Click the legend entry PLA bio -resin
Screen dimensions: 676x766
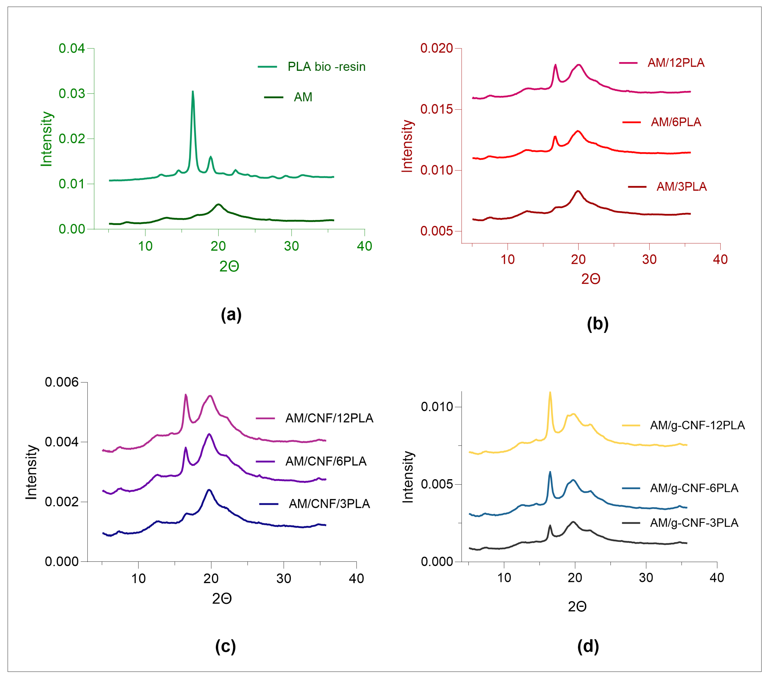point(326,67)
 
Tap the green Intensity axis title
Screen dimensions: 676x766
point(46,139)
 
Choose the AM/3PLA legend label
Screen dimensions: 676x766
point(681,186)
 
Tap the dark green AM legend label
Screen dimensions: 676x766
point(303,97)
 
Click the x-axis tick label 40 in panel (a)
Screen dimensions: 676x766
point(364,246)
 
